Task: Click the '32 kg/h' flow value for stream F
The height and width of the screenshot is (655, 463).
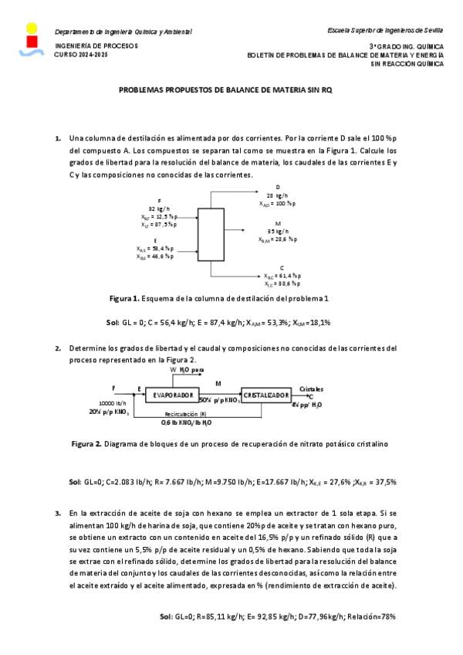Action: point(159,209)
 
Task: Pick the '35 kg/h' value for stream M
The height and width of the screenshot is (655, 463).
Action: point(278,231)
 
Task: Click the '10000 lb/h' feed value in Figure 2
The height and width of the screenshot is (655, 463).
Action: point(113,403)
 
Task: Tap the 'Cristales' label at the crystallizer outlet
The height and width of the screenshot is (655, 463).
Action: point(311,388)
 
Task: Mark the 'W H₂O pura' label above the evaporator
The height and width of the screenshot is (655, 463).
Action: point(187,371)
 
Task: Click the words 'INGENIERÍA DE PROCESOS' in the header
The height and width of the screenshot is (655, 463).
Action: point(96,46)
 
